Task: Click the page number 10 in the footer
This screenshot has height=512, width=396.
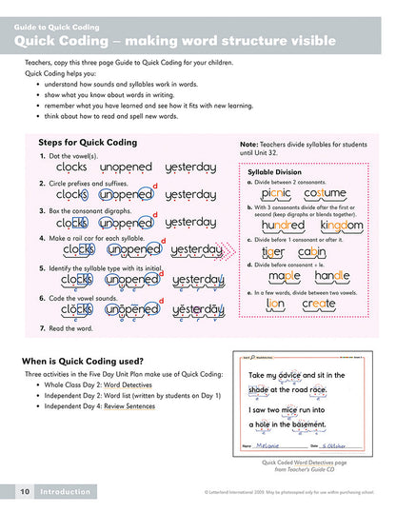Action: (x=22, y=491)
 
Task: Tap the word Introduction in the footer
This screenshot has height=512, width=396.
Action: (x=65, y=491)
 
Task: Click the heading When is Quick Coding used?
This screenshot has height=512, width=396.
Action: (x=82, y=361)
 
